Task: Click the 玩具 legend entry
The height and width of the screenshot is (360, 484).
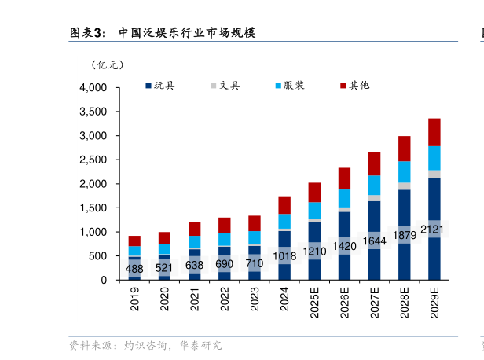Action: (159, 85)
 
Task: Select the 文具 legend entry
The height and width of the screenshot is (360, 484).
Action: (224, 85)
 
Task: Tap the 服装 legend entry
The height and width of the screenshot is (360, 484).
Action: (289, 85)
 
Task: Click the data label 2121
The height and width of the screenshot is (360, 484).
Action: (434, 230)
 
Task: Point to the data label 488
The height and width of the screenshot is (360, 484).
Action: (135, 269)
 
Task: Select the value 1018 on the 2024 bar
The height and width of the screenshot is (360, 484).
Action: (284, 255)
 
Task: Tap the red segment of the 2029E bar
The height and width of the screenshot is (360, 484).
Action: (434, 132)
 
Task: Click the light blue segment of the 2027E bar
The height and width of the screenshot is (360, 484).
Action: (374, 185)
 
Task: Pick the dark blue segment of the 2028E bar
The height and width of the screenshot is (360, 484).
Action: (404, 259)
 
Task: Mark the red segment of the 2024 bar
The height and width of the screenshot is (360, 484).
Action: (284, 204)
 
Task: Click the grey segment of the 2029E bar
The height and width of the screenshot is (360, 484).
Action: (434, 174)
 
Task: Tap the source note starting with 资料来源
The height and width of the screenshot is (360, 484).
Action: (145, 345)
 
